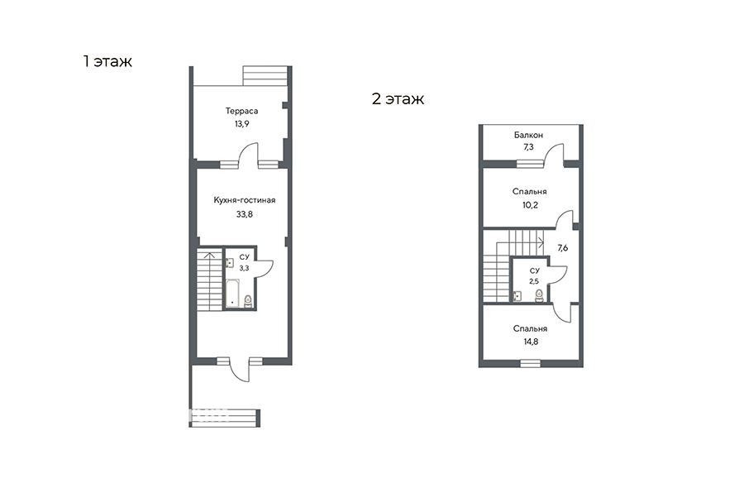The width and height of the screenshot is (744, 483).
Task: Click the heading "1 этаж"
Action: click(x=107, y=61)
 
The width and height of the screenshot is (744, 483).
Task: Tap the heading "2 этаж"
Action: click(x=398, y=98)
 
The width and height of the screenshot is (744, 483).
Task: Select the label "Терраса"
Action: click(x=241, y=111)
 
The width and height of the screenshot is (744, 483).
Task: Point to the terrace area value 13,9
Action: click(x=241, y=124)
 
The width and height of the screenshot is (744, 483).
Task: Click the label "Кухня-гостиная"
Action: click(x=245, y=200)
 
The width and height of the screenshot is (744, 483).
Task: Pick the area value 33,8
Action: click(x=245, y=214)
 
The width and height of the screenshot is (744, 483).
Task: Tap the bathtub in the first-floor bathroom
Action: click(x=232, y=294)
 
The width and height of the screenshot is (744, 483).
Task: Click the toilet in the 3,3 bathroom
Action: click(x=248, y=302)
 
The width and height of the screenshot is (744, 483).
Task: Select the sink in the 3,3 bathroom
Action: click(x=230, y=263)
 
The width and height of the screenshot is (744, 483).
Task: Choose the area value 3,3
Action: click(x=244, y=268)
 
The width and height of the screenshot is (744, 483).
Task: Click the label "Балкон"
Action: click(x=528, y=136)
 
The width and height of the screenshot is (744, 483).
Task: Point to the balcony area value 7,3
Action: click(x=528, y=147)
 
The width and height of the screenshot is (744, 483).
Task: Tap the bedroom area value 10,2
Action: click(x=530, y=205)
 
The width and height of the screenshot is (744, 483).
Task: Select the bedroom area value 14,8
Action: click(x=531, y=342)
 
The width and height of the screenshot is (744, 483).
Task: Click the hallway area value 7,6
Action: click(x=562, y=248)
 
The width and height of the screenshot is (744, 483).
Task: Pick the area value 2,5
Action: click(x=534, y=281)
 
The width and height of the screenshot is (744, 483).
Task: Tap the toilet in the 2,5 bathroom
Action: click(x=539, y=296)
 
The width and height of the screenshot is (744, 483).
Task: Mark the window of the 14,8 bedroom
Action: click(x=530, y=363)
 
